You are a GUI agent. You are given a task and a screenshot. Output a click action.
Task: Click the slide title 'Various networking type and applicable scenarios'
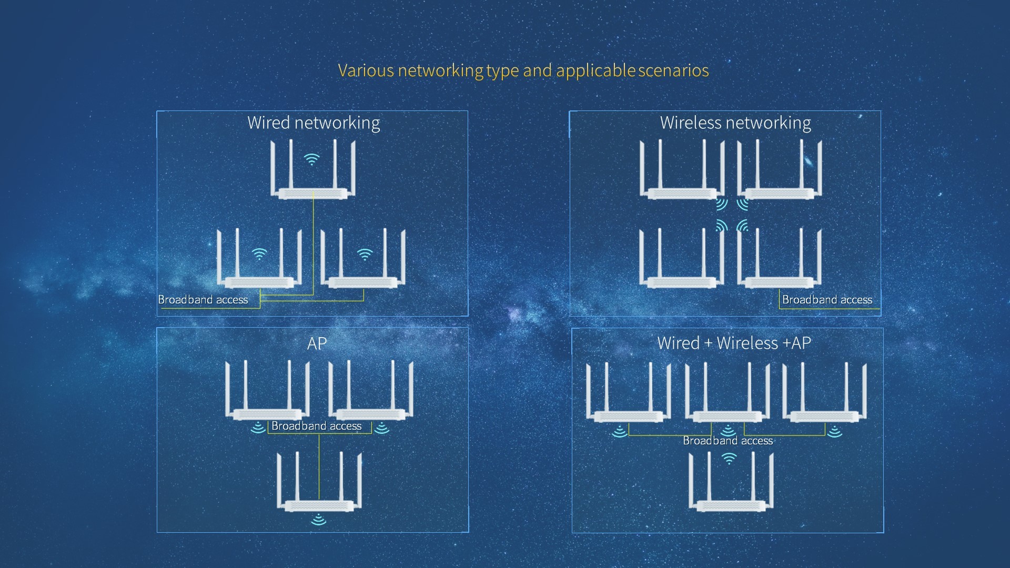(x=523, y=70)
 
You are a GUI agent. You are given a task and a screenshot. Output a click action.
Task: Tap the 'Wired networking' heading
(x=314, y=123)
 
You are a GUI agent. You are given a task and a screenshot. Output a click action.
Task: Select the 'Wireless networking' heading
(x=735, y=123)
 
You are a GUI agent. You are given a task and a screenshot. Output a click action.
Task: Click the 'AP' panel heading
(x=317, y=343)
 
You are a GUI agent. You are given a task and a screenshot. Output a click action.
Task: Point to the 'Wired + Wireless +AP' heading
(x=734, y=343)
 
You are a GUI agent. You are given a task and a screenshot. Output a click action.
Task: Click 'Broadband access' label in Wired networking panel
(x=203, y=300)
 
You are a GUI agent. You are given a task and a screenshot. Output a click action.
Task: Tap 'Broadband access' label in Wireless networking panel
(x=827, y=300)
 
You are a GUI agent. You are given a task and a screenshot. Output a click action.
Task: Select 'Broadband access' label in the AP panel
(x=317, y=426)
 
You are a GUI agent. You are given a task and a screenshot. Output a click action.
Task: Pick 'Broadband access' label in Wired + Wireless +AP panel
(x=728, y=441)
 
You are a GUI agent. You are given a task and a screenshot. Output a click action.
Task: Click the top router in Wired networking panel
(x=313, y=170)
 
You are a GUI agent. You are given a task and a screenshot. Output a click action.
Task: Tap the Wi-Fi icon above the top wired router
(x=312, y=159)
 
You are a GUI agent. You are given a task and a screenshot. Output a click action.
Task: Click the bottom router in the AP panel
(x=319, y=482)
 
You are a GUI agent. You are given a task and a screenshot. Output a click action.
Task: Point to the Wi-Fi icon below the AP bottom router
(x=318, y=520)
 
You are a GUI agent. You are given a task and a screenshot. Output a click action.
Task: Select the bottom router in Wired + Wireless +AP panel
(x=731, y=482)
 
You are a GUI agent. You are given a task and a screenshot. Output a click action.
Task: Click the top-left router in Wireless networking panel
(x=682, y=170)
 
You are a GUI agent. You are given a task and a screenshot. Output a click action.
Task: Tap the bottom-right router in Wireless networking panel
(x=780, y=258)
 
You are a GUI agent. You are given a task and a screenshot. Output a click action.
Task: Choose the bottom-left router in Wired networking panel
(x=259, y=258)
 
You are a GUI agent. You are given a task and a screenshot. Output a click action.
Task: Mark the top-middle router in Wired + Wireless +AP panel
(x=728, y=392)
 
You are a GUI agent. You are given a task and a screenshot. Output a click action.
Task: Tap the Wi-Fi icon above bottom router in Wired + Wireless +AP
(x=729, y=459)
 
